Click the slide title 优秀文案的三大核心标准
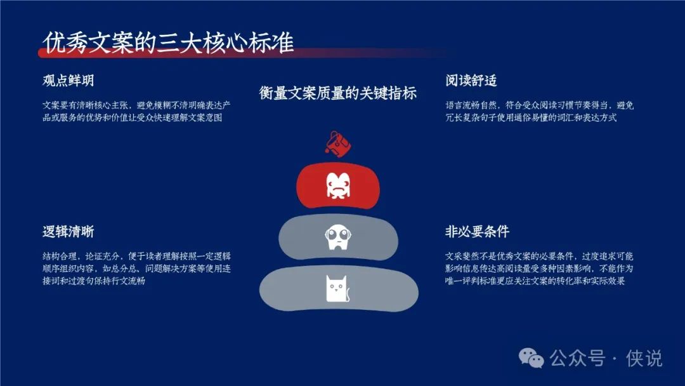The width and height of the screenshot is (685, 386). (x=168, y=43)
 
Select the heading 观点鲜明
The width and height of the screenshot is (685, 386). (x=68, y=81)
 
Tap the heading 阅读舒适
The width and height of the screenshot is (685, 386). (x=471, y=81)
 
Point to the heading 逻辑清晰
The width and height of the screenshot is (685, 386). (x=68, y=232)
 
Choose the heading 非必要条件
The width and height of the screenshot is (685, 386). (x=477, y=232)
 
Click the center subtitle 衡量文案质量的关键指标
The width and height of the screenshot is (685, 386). (x=337, y=93)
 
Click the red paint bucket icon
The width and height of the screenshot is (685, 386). (x=337, y=143)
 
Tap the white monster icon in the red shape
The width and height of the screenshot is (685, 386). (x=337, y=185)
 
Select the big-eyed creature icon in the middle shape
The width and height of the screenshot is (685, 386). (x=338, y=237)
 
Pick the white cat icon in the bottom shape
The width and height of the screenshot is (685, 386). (x=337, y=288)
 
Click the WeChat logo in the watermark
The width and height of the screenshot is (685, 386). (x=532, y=358)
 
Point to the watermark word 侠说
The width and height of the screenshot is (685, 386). (x=644, y=359)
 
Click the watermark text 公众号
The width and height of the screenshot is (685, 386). (x=578, y=359)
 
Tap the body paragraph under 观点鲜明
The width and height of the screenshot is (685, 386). (x=136, y=112)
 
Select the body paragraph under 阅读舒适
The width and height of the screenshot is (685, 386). (x=540, y=112)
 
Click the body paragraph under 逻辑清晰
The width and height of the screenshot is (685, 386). (x=137, y=269)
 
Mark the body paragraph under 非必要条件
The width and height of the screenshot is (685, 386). (x=539, y=269)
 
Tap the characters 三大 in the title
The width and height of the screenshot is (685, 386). (x=180, y=43)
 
